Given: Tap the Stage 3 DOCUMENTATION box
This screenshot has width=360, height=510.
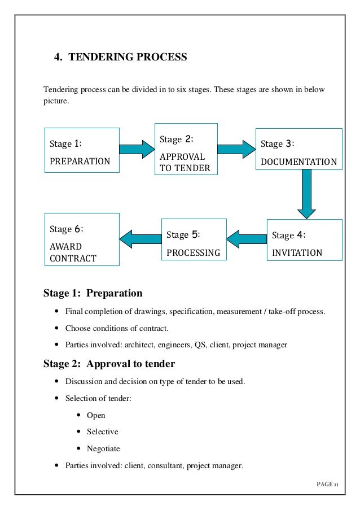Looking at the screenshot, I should (x=299, y=149).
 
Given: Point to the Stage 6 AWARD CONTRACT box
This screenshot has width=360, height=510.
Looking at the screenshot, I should (x=82, y=239).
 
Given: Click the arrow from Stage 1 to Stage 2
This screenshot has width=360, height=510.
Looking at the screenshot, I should (x=136, y=149).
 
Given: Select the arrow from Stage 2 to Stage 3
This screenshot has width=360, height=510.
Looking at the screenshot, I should (x=236, y=149).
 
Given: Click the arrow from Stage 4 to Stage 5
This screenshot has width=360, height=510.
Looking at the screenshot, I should (x=246, y=238).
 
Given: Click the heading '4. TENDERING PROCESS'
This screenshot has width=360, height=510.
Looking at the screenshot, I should (x=120, y=57).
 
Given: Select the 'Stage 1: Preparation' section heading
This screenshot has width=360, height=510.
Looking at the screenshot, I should (x=93, y=293).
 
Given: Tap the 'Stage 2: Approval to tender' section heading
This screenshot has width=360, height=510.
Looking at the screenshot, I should (x=109, y=363).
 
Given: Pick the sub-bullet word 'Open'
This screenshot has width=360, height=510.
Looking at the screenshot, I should (x=96, y=415).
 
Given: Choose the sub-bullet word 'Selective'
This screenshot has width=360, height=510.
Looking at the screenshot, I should (x=102, y=432).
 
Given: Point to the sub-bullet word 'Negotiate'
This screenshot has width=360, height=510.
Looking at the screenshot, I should (x=103, y=449).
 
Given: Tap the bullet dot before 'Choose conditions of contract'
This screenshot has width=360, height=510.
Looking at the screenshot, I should (x=56, y=328).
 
